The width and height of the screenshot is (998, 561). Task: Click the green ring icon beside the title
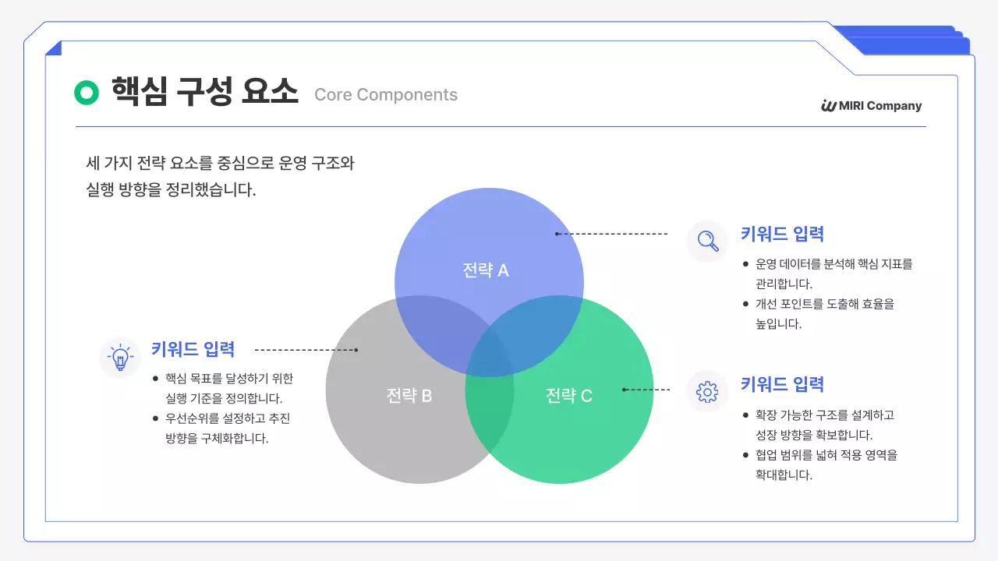(x=87, y=93)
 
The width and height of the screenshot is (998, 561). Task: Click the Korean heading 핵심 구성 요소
(x=204, y=93)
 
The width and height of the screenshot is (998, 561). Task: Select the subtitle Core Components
(x=385, y=95)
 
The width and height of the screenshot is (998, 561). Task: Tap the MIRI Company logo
(x=871, y=106)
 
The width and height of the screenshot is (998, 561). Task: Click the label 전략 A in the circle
(x=485, y=270)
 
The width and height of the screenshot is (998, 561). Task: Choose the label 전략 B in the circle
(x=409, y=396)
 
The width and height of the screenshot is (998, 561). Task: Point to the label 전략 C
(x=568, y=396)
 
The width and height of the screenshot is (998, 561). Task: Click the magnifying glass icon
(x=707, y=240)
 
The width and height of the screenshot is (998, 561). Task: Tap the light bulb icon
(x=120, y=357)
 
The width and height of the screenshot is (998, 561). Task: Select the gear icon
(x=707, y=391)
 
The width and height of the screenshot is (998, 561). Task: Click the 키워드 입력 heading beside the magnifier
(x=782, y=234)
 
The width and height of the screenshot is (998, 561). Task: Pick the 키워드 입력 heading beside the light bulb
(x=193, y=349)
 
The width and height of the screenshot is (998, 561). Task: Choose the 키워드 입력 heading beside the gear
(x=782, y=384)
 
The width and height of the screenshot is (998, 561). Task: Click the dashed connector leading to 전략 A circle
(x=612, y=234)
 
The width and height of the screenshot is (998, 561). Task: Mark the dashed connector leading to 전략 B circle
(x=306, y=350)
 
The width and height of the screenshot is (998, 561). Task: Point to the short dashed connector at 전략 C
(x=646, y=389)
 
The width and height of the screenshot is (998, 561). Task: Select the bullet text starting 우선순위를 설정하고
(x=227, y=428)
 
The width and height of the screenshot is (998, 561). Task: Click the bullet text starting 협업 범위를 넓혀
(x=826, y=464)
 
